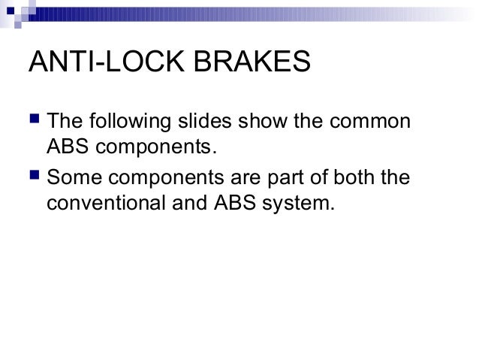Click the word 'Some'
click(72, 178)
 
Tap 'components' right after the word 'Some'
click(164, 180)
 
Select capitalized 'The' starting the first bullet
click(65, 121)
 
